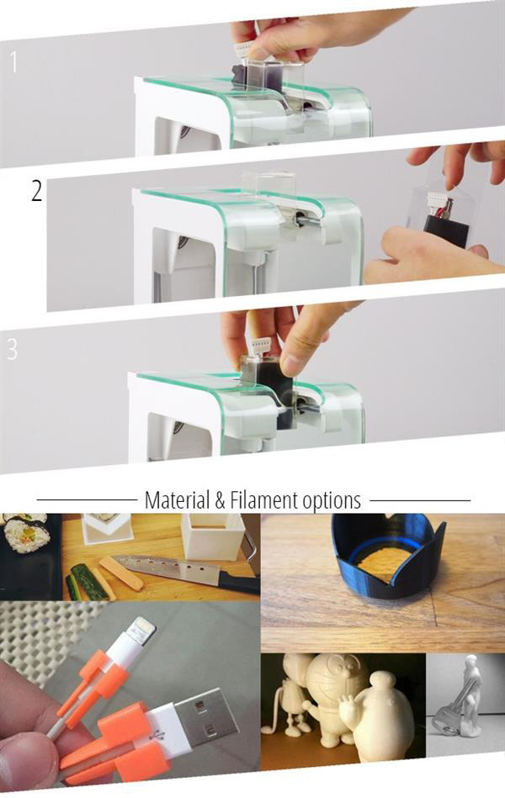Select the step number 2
point(36,191)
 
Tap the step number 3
point(12,348)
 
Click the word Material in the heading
point(174,500)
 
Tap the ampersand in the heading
point(219,500)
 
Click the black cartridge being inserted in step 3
point(268,378)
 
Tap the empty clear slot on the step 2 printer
point(268,186)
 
